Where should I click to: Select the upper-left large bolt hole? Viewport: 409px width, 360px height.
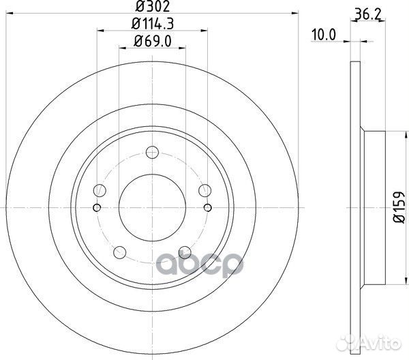coord(100,190)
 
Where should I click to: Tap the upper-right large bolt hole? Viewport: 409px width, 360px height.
coord(203,190)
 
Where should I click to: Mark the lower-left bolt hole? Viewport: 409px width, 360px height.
coord(120,251)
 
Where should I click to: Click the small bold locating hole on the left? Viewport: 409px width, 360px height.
coord(97,208)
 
